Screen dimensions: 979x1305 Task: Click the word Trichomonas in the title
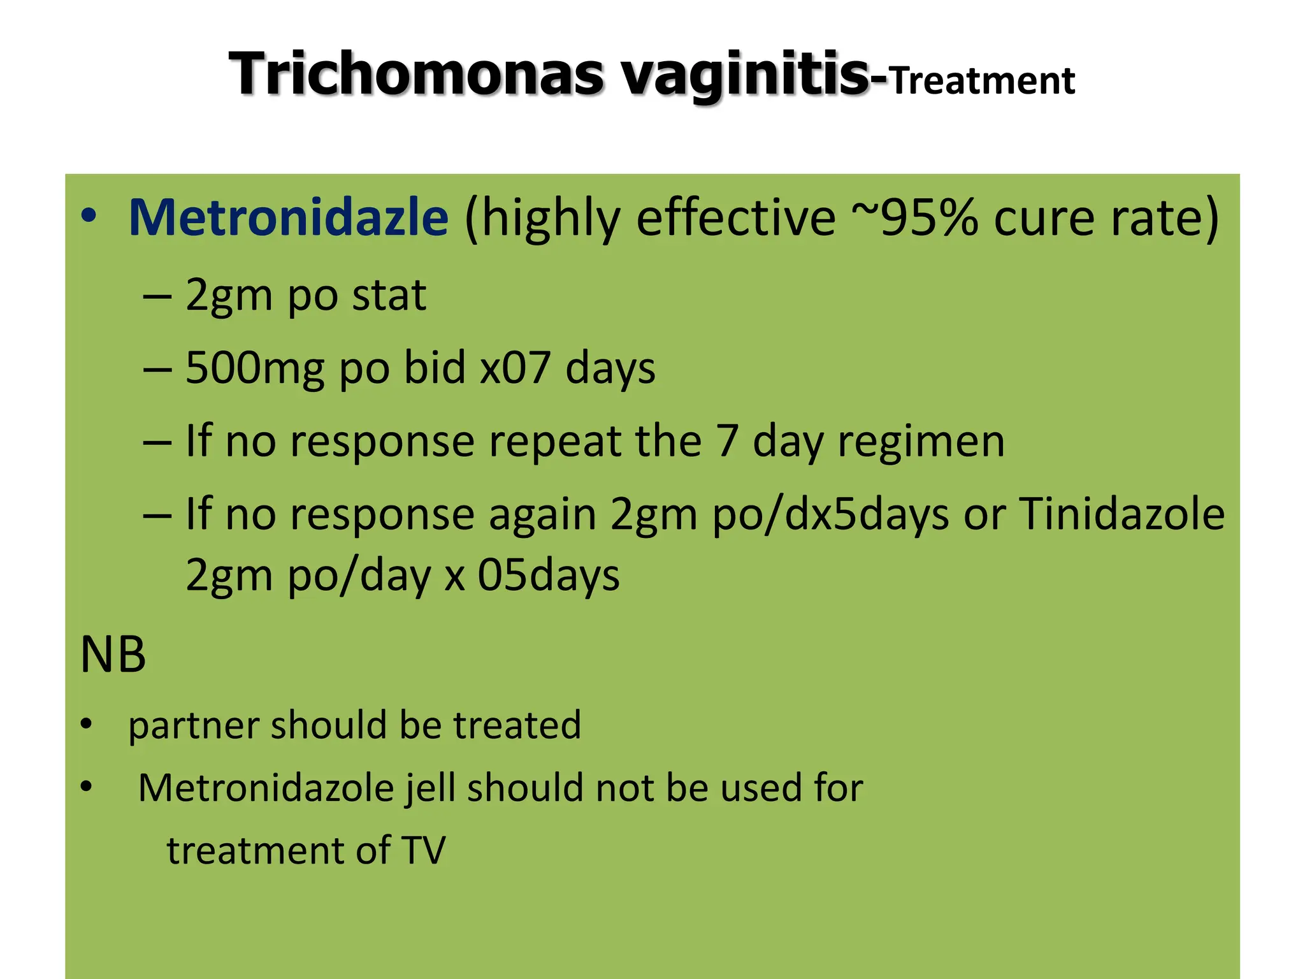416,74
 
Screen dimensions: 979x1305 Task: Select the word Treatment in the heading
982,82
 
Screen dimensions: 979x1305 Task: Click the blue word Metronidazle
289,218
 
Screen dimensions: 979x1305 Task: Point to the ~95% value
915,218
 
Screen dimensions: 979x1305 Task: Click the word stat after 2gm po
389,296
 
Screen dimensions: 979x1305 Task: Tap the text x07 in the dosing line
515,368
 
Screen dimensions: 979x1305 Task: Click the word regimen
921,441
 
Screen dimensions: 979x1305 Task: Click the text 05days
549,575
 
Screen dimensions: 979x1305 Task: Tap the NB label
113,655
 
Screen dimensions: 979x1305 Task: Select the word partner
194,726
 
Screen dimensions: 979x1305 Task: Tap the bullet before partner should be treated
87,725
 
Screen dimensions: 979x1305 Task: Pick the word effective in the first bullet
735,218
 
